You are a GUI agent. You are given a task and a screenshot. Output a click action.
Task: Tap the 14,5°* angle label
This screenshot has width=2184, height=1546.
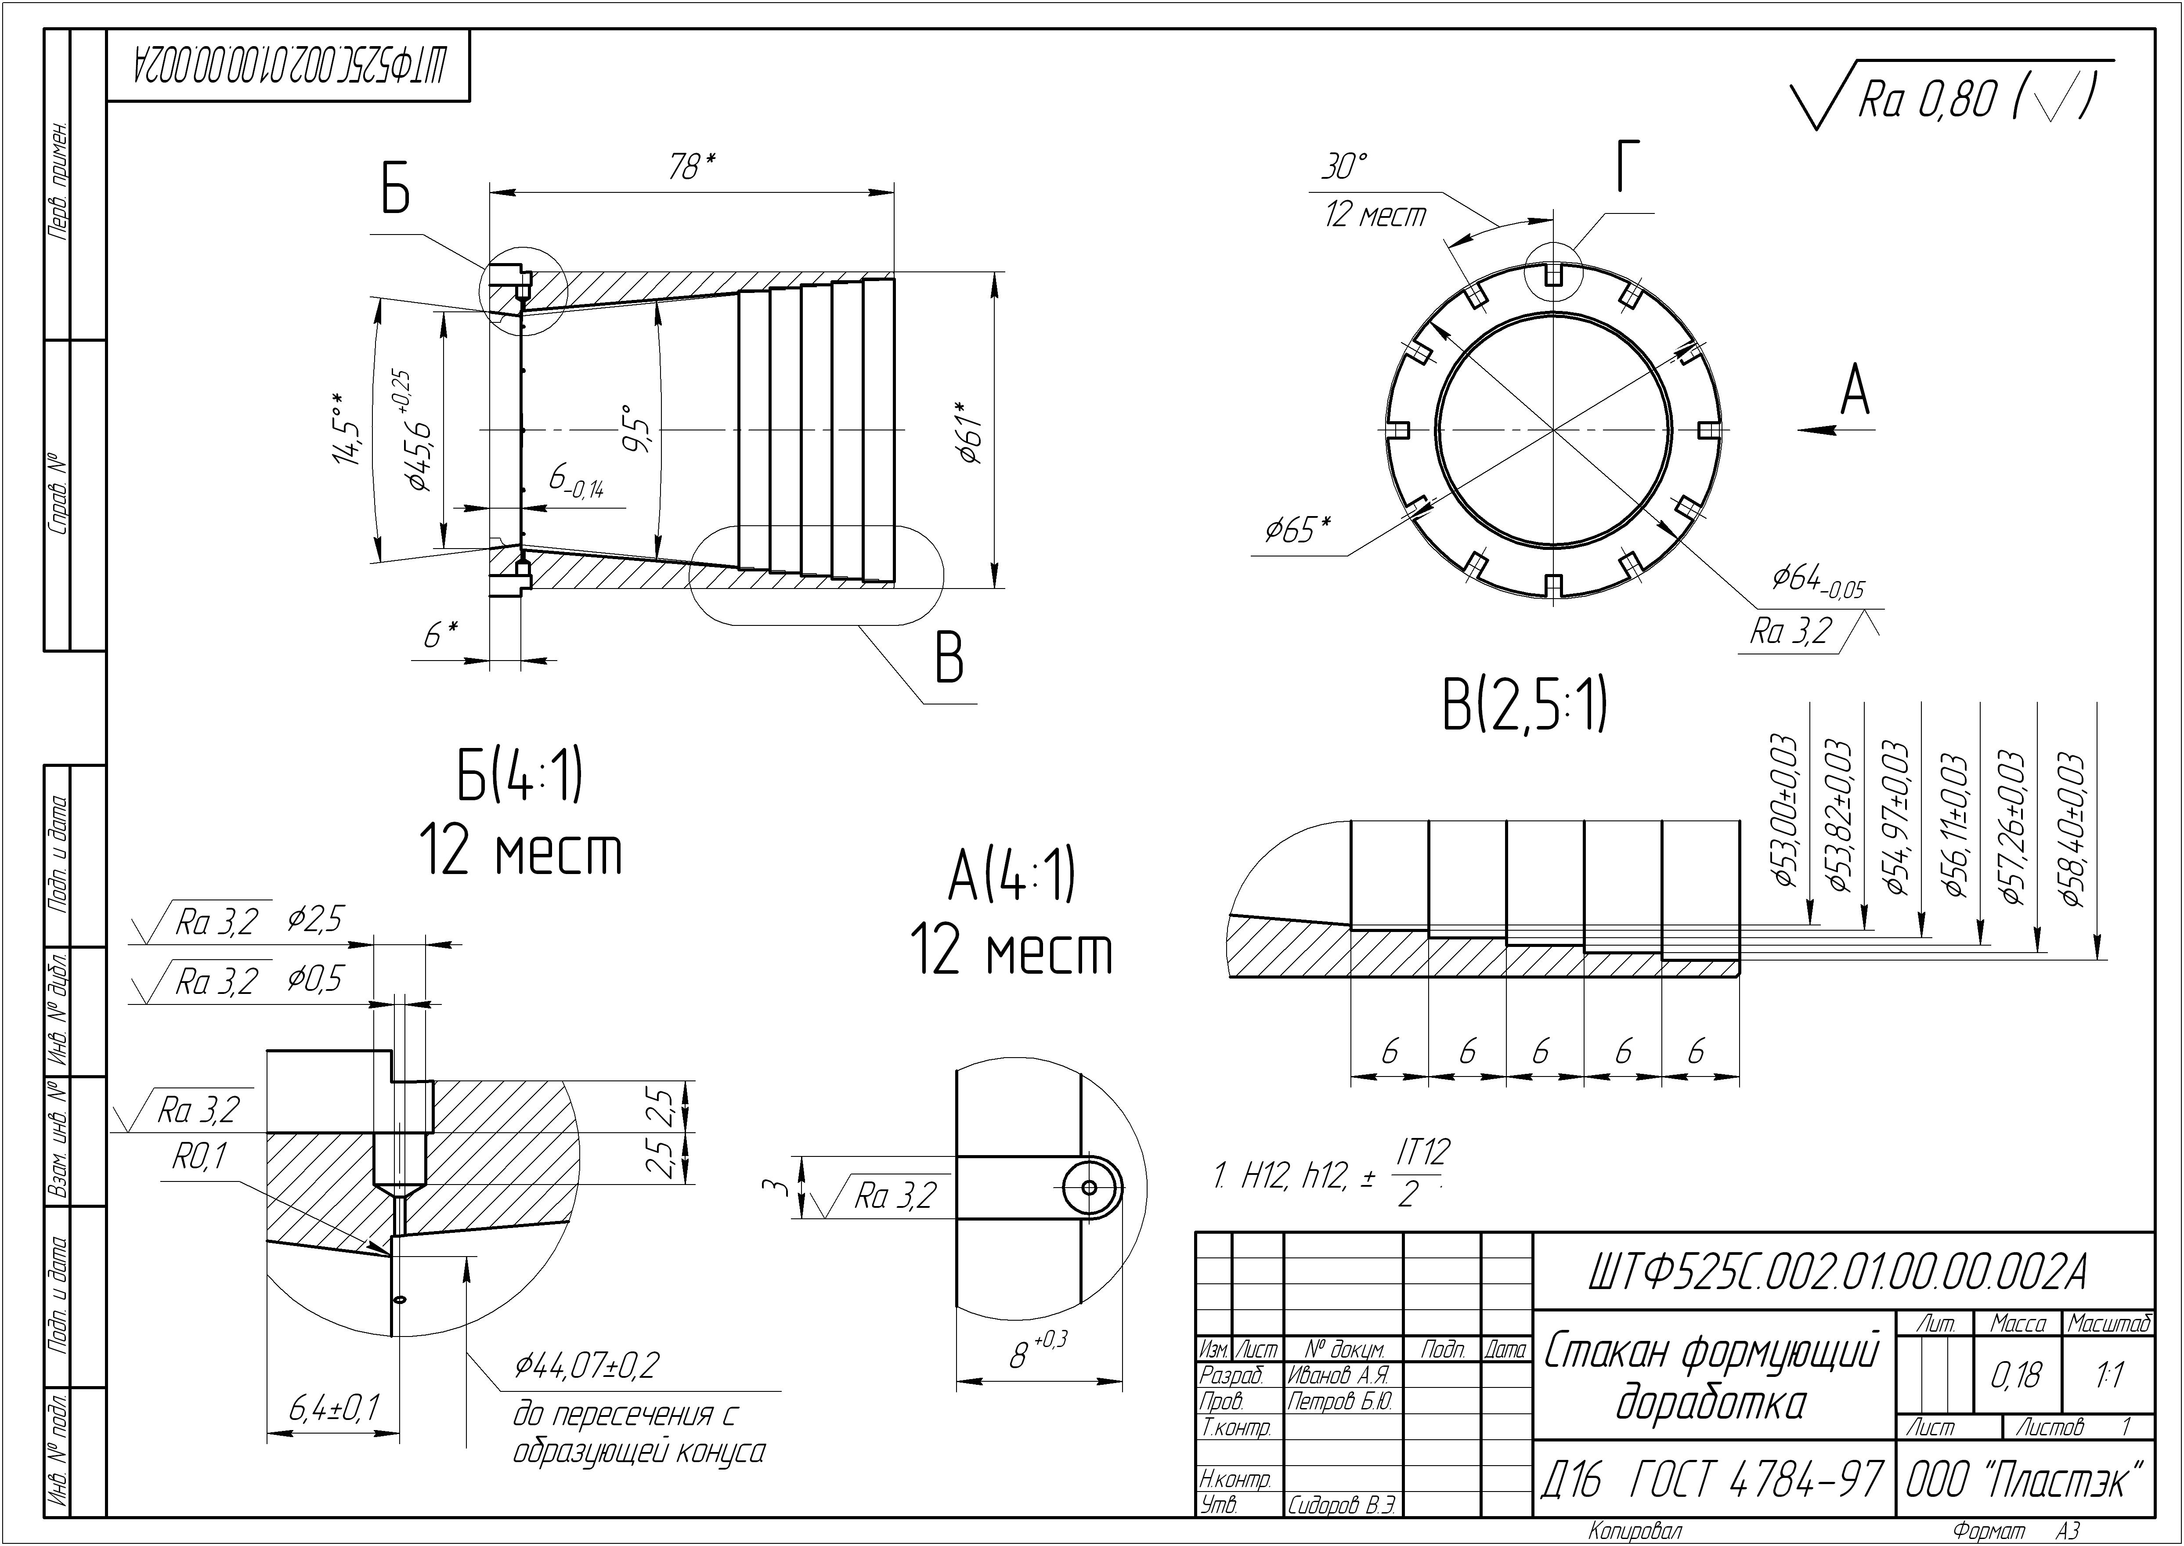347,428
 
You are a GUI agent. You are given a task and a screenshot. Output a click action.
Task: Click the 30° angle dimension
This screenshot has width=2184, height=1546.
1344,167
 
